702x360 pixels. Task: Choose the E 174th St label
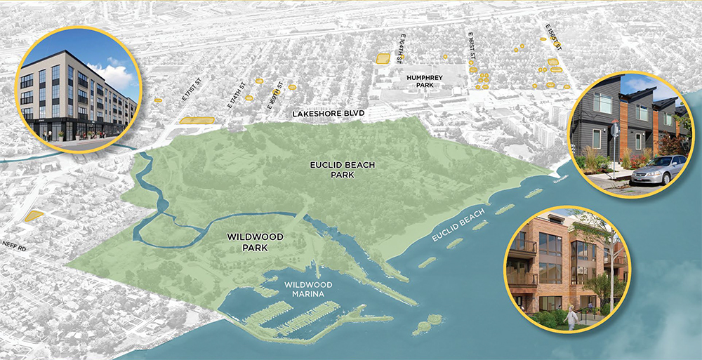[237, 96]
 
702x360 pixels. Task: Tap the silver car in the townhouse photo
[659, 169]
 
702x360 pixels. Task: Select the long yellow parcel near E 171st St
[197, 121]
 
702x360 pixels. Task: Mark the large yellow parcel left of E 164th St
[382, 58]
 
